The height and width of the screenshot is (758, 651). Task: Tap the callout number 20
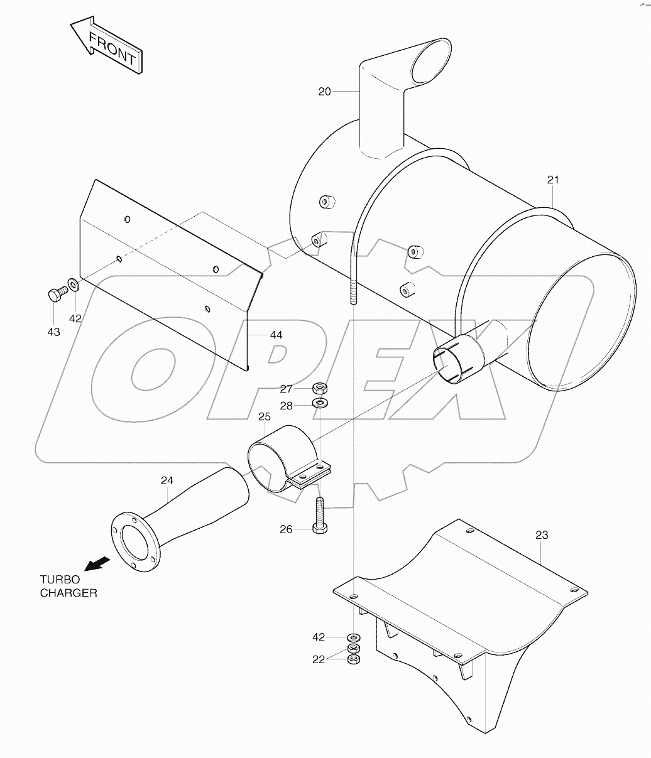(324, 92)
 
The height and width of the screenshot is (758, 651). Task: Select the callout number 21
(552, 180)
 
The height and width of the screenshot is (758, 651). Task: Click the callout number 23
(542, 535)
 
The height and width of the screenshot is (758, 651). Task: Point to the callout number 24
(167, 481)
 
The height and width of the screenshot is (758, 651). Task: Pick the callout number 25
(264, 416)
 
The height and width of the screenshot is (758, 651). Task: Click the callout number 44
(276, 335)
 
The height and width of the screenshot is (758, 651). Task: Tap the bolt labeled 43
(55, 294)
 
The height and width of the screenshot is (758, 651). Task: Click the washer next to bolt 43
(74, 286)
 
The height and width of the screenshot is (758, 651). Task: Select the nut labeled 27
(319, 387)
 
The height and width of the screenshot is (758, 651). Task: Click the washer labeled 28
(320, 403)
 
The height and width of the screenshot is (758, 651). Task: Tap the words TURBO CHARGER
(68, 586)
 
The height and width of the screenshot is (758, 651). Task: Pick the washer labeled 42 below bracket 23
(353, 637)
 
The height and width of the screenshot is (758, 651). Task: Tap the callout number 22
(319, 659)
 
